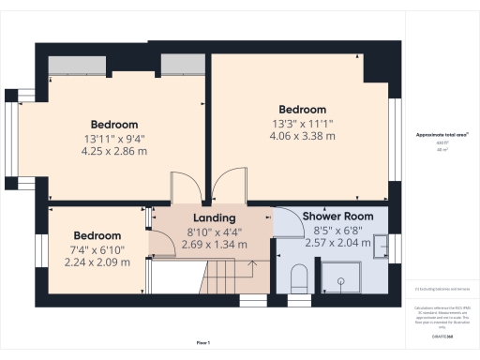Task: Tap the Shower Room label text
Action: (337, 217)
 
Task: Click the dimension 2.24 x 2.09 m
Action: (97, 262)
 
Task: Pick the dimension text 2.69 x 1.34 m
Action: (215, 244)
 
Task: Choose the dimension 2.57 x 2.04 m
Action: (337, 243)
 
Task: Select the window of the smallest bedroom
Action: (41, 250)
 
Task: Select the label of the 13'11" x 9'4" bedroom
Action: (114, 125)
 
